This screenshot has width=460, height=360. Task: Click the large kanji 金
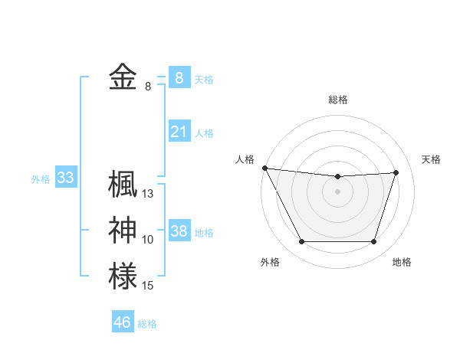123,77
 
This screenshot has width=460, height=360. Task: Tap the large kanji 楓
123,184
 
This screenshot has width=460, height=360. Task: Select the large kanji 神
123,231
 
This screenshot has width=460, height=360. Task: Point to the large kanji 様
123,276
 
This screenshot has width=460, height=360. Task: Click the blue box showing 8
179,77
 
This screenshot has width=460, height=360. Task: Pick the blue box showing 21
179,132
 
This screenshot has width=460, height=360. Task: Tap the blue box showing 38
179,231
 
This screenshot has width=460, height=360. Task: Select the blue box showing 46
123,322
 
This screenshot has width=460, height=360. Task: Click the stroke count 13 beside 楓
148,194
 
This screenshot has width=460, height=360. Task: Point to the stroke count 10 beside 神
148,240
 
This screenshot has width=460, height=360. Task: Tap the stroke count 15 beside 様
148,286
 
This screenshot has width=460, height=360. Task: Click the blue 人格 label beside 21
204,133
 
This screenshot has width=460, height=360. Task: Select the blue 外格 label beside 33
41,179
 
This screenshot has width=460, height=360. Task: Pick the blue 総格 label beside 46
147,323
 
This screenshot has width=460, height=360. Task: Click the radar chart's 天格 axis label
431,159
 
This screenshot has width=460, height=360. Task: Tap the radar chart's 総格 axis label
337,100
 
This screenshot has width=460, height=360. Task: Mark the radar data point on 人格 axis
264,168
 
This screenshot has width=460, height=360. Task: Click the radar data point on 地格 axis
373,242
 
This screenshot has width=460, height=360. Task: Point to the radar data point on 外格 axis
301,242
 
